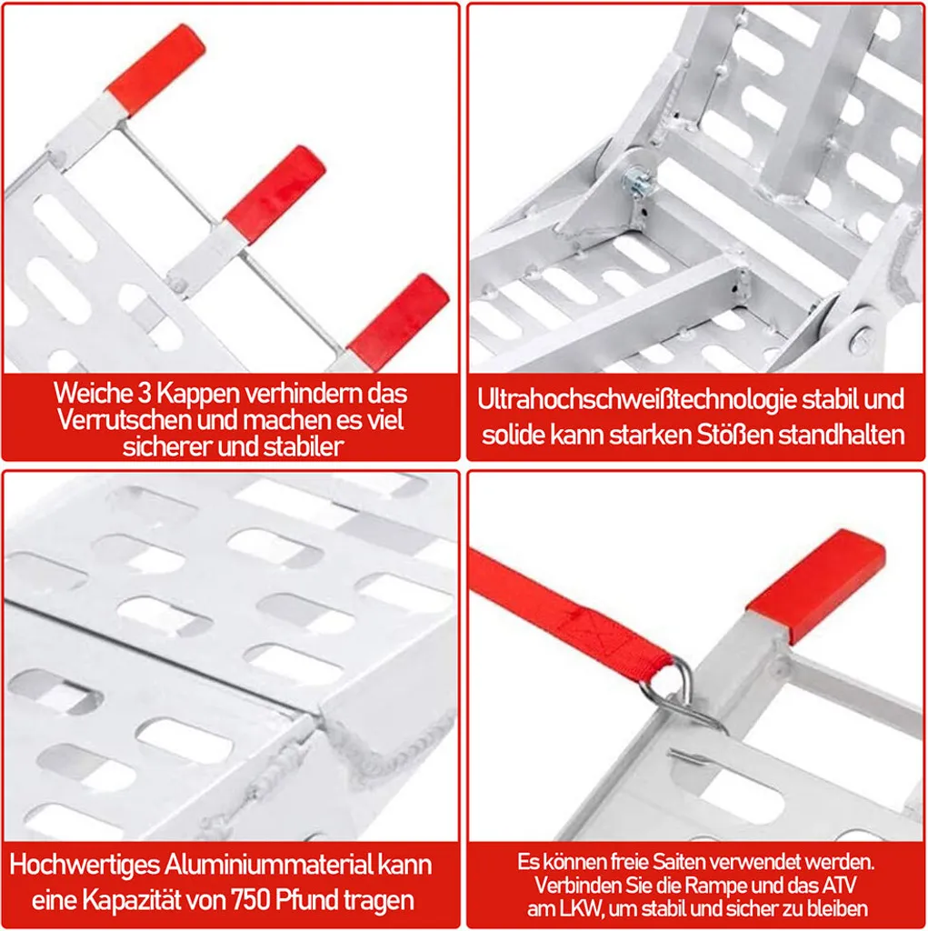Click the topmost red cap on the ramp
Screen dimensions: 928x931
[x=156, y=70]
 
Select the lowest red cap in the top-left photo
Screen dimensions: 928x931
[x=399, y=321]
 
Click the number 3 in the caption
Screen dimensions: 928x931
[x=145, y=393]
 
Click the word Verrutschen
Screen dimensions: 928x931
[x=125, y=420]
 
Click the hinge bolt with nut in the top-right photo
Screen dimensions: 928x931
[x=635, y=179]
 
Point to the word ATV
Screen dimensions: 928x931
[x=838, y=885]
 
